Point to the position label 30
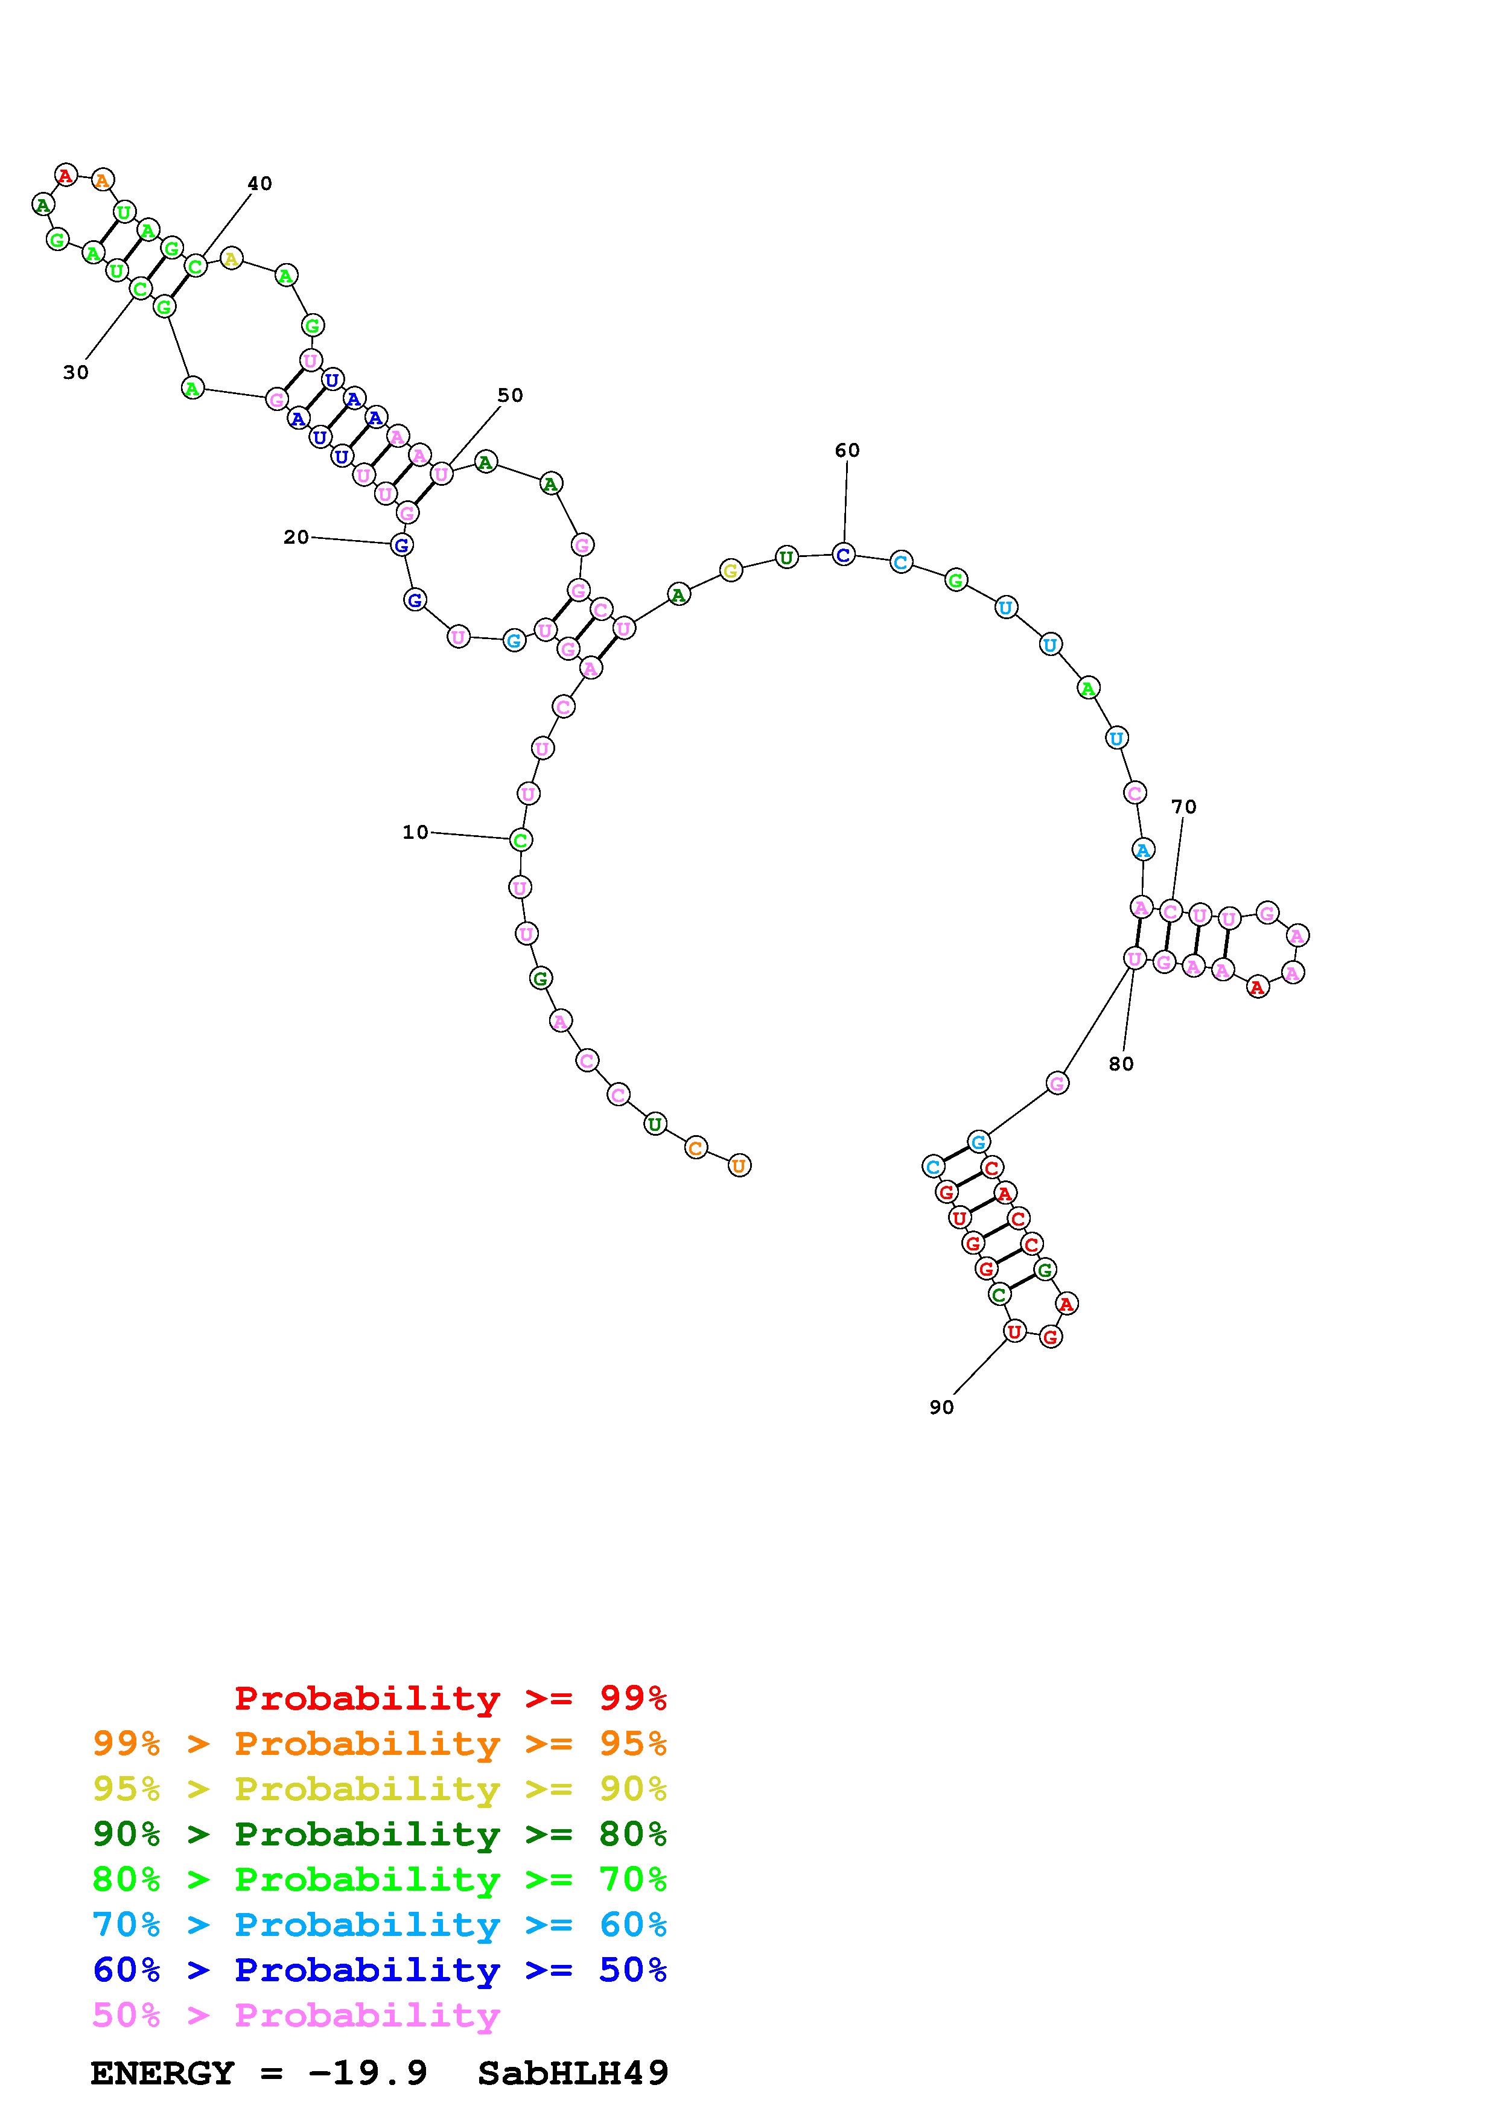click(x=75, y=372)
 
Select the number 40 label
click(x=260, y=183)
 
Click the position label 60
click(x=847, y=450)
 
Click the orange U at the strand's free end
click(x=738, y=1165)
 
